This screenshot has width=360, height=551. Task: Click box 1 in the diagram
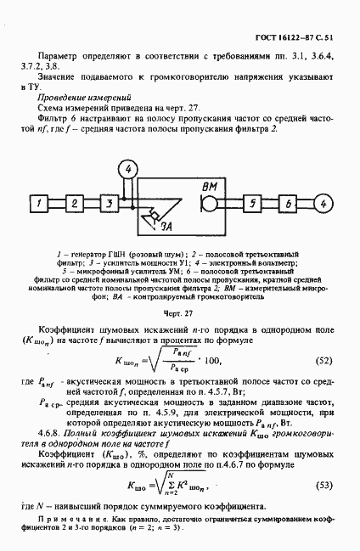pos(39,204)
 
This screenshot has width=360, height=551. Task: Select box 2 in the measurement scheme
pos(75,204)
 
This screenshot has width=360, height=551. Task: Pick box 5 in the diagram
pos(253,205)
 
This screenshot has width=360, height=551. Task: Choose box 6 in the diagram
pos(289,205)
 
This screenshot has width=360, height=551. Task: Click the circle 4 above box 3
pos(128,169)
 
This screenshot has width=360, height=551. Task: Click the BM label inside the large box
pos(211,186)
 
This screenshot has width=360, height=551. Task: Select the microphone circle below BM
pos(207,205)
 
